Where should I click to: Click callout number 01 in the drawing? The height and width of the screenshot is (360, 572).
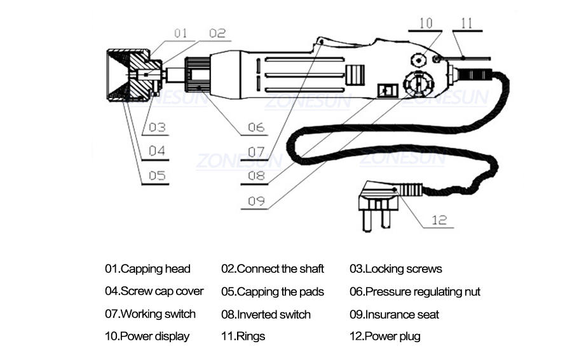pos(181,32)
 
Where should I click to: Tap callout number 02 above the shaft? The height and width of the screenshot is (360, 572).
pos(217,32)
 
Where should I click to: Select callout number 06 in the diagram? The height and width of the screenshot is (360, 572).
pos(255,127)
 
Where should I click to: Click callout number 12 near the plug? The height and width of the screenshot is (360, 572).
pos(439,220)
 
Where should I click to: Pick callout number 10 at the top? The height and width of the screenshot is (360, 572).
pos(425,23)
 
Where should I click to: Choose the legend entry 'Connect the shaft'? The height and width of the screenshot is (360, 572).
pos(273,269)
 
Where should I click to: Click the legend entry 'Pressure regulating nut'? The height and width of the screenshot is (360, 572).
pos(414,292)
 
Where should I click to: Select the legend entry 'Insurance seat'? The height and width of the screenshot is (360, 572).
pos(394,314)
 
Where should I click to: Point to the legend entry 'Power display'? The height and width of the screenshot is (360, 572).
pos(147,336)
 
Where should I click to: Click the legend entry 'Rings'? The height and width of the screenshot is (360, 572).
pos(243,336)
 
